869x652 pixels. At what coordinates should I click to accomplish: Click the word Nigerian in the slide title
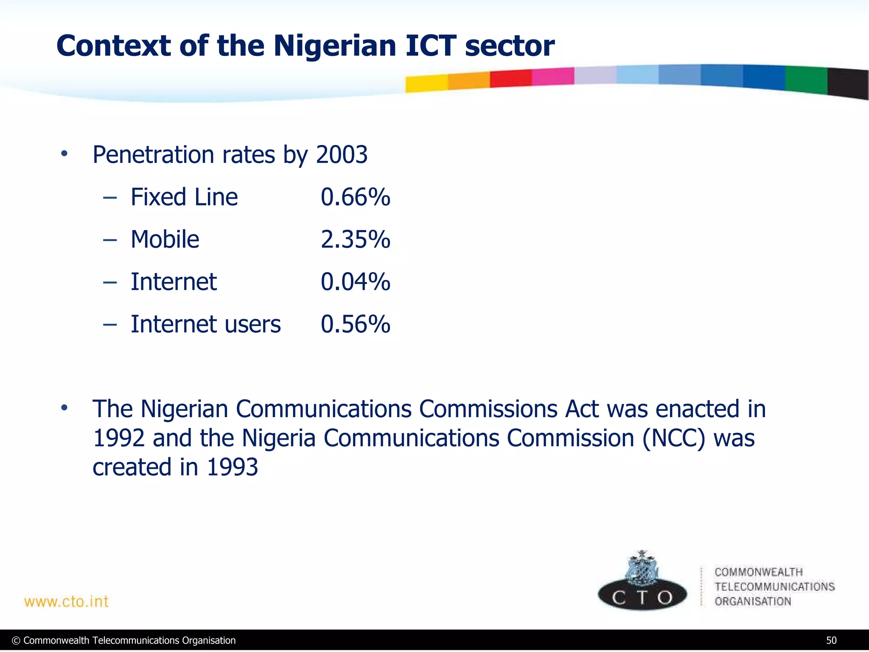pyautogui.click(x=334, y=46)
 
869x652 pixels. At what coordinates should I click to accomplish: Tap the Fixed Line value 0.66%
pyautogui.click(x=355, y=197)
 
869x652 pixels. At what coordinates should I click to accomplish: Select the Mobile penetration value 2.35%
pyautogui.click(x=355, y=240)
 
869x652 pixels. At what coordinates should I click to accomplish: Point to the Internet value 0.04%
pyautogui.click(x=355, y=282)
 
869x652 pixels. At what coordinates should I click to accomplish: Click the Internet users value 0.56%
pyautogui.click(x=355, y=325)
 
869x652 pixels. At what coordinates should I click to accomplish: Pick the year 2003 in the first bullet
pyautogui.click(x=342, y=155)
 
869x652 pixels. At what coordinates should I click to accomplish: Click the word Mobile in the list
pyautogui.click(x=165, y=240)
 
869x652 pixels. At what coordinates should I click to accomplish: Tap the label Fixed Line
pyautogui.click(x=184, y=197)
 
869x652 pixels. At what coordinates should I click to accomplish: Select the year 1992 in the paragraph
pyautogui.click(x=118, y=438)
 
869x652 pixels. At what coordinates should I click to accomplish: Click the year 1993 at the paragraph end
pyautogui.click(x=232, y=467)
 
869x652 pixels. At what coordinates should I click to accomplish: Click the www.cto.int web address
pyautogui.click(x=66, y=601)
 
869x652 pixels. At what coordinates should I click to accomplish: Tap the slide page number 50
pyautogui.click(x=831, y=641)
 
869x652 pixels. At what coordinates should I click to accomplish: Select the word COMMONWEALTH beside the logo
pyautogui.click(x=758, y=572)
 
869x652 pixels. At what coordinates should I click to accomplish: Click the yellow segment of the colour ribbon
pyautogui.click(x=426, y=83)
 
